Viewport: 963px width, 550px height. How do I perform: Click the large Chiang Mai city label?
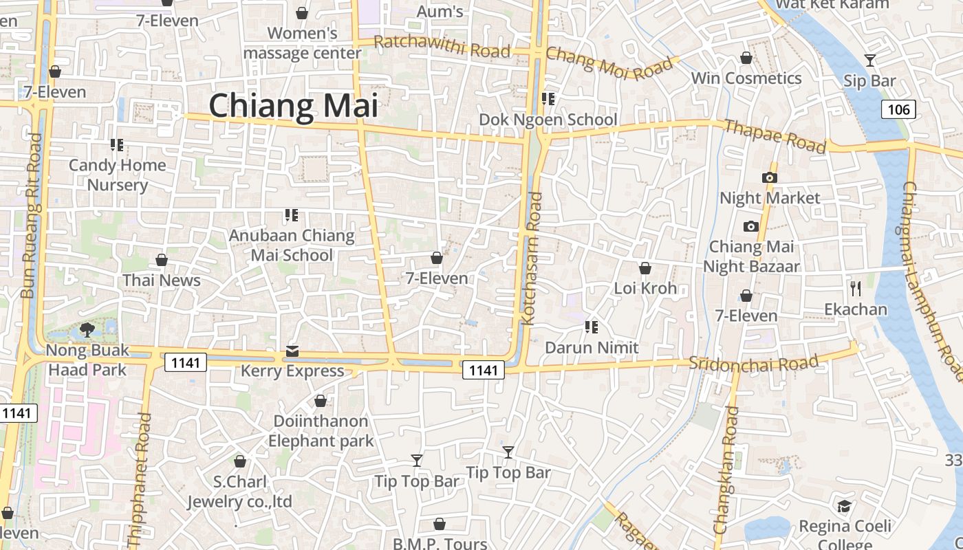click(x=294, y=106)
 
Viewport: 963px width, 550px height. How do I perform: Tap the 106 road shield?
click(x=898, y=109)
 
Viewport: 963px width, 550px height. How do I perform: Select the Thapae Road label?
click(x=775, y=135)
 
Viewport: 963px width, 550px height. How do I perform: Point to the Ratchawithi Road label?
click(x=442, y=47)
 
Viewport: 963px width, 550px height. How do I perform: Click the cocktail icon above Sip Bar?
click(x=870, y=60)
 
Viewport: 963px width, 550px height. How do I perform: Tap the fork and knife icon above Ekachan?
click(x=856, y=288)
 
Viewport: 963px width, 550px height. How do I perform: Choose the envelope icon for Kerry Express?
click(x=292, y=351)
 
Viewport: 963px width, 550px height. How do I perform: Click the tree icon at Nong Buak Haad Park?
click(x=87, y=330)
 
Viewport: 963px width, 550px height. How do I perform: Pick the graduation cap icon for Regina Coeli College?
click(x=844, y=507)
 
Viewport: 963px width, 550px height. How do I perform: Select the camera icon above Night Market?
click(x=770, y=177)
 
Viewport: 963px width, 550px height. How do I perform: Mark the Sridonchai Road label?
click(x=754, y=363)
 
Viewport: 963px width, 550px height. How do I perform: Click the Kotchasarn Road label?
click(x=532, y=258)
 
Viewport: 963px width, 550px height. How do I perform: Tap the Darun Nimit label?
click(x=592, y=348)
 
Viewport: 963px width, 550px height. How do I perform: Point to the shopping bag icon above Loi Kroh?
click(x=645, y=267)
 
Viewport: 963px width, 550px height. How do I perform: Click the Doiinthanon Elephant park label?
click(x=321, y=430)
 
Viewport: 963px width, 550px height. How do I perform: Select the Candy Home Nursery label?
click(x=118, y=175)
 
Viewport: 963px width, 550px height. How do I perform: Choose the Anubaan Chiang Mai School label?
click(x=292, y=245)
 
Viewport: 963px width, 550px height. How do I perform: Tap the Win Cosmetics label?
click(x=746, y=78)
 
